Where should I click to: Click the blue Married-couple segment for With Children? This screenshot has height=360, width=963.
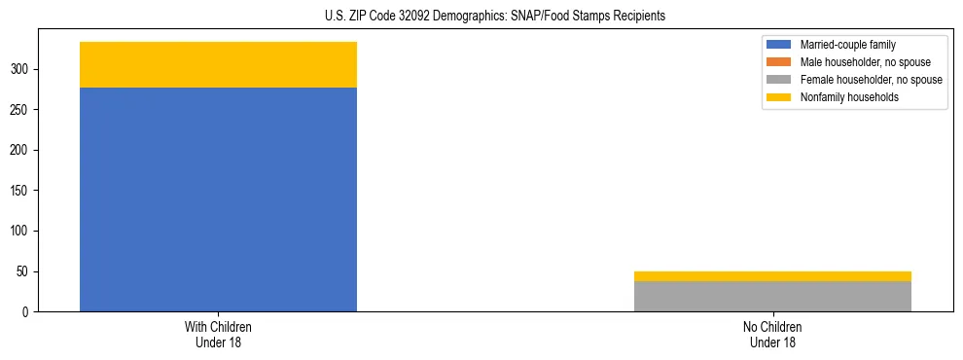(x=218, y=199)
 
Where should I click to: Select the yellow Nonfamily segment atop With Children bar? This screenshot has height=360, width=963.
(x=218, y=64)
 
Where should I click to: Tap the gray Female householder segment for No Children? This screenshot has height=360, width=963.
(x=772, y=296)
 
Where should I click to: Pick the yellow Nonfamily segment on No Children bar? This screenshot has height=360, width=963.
(x=772, y=276)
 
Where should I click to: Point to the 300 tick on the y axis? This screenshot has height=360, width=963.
(x=26, y=69)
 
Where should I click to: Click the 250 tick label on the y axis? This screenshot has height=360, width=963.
(x=26, y=110)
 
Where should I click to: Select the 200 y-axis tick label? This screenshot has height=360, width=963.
(x=26, y=150)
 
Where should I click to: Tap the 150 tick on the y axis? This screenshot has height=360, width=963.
(x=26, y=191)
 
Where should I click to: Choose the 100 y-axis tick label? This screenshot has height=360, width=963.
(x=26, y=232)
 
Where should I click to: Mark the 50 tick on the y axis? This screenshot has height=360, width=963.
(x=29, y=271)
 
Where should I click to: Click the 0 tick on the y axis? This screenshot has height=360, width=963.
(x=32, y=312)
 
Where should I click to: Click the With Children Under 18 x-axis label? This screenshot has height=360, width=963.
(x=218, y=335)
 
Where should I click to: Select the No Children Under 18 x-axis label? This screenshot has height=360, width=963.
(x=772, y=335)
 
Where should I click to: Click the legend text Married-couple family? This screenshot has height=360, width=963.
(x=848, y=45)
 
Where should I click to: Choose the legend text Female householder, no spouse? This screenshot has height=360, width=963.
(x=871, y=80)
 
